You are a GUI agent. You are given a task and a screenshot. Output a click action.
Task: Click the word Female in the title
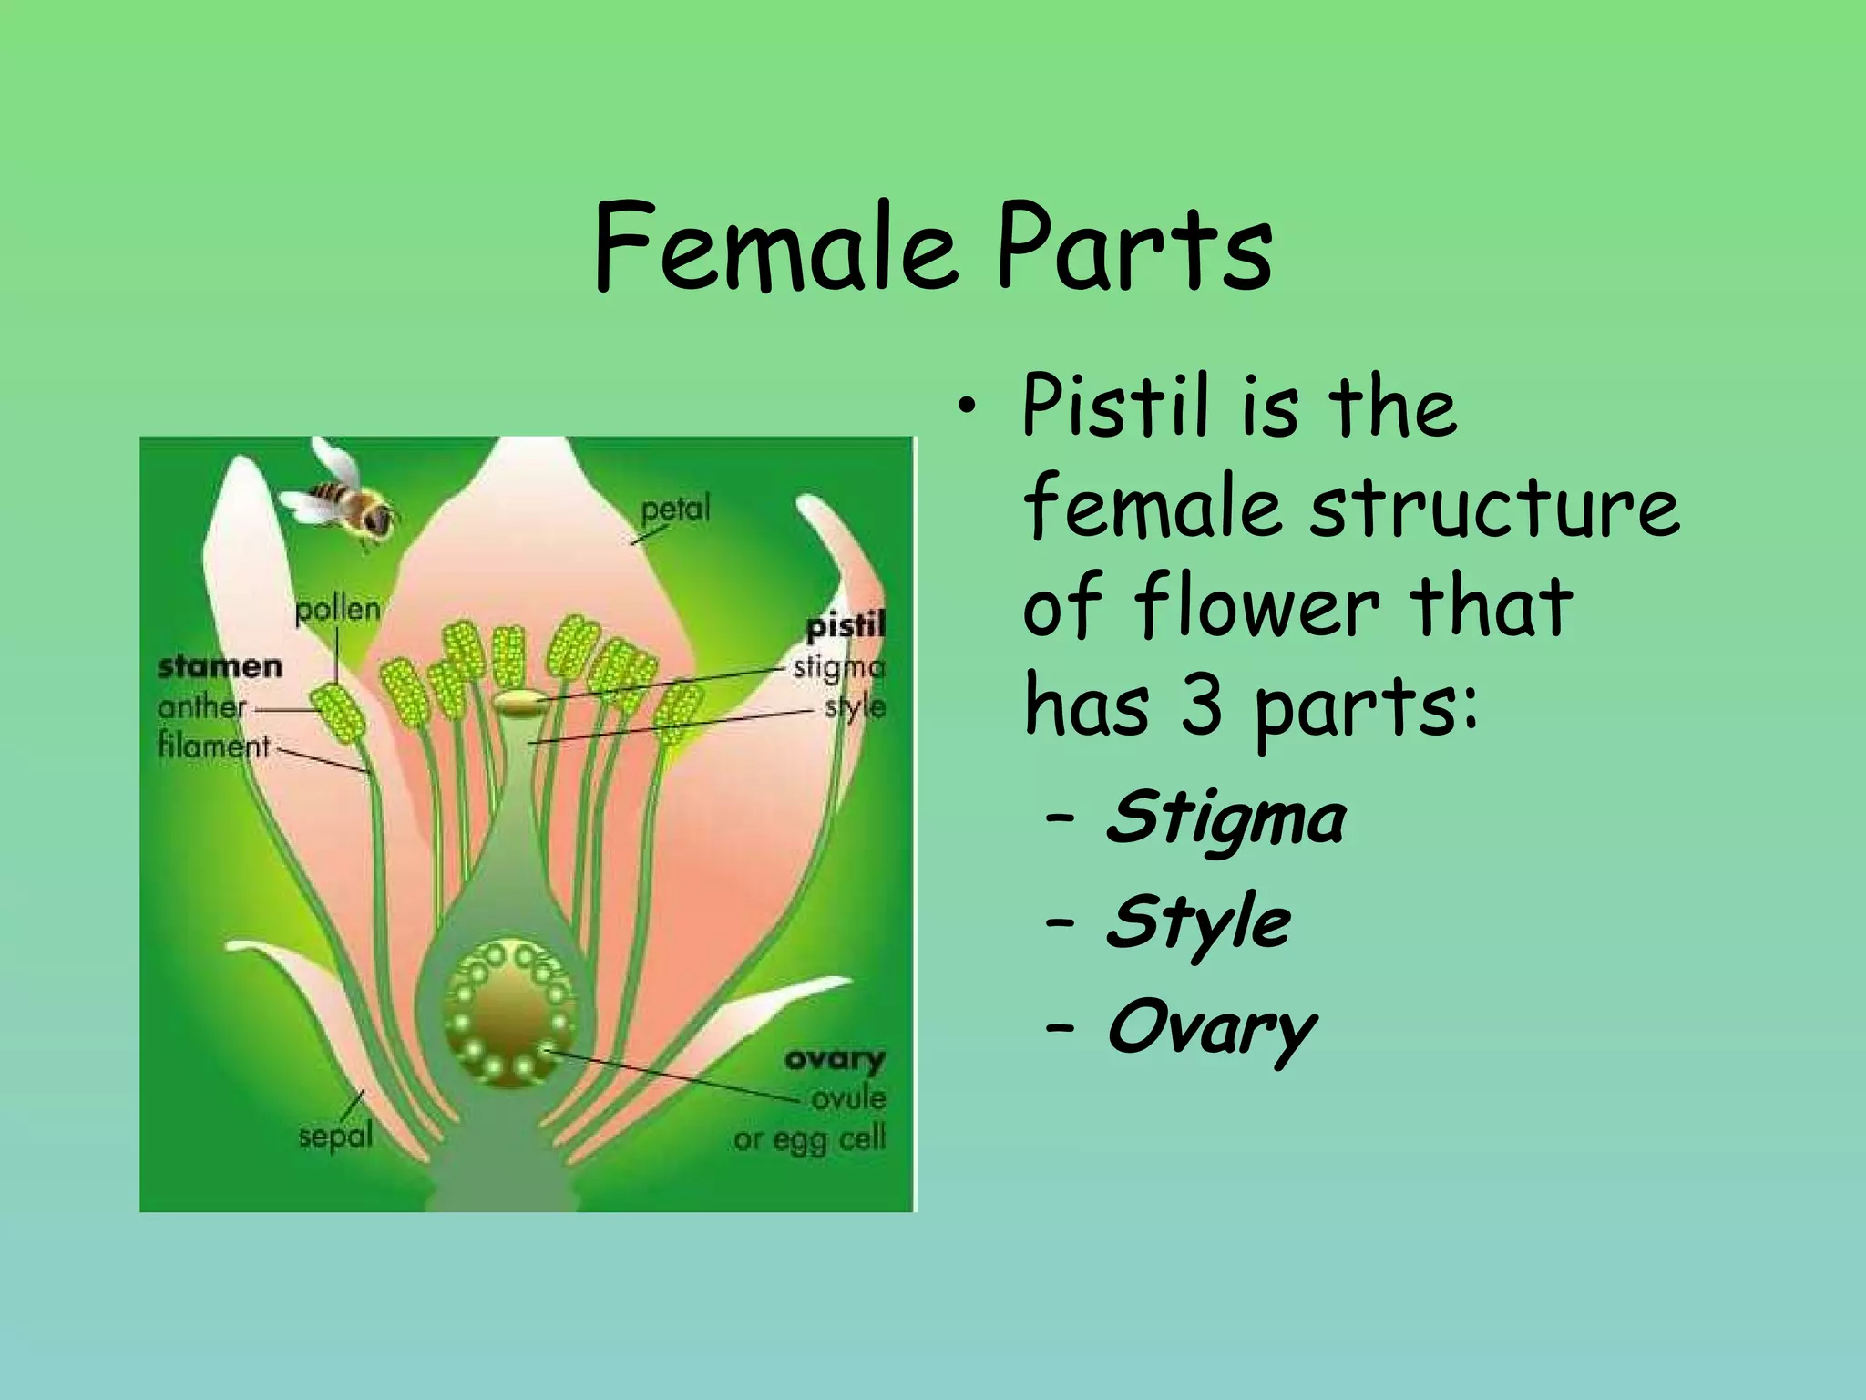click(x=774, y=248)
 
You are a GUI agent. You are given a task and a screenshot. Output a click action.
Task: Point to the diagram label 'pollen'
click(x=337, y=609)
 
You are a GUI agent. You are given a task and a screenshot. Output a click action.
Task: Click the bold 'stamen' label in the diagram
click(x=220, y=667)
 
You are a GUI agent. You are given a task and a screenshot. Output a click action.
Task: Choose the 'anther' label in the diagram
click(x=201, y=707)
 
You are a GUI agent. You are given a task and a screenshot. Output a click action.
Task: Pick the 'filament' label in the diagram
click(x=214, y=746)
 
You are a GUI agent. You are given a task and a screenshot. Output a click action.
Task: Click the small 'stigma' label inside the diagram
click(x=839, y=668)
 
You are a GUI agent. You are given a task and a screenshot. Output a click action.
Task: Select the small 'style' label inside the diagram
click(x=855, y=707)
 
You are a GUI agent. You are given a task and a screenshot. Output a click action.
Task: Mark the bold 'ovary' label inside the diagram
click(x=834, y=1059)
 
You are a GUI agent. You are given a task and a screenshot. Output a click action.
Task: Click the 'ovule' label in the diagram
click(x=848, y=1098)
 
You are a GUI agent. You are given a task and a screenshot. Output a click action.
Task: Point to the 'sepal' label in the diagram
click(x=335, y=1137)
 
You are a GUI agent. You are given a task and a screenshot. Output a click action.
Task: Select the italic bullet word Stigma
click(x=1225, y=818)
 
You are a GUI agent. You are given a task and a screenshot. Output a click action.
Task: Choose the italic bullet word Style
click(x=1197, y=922)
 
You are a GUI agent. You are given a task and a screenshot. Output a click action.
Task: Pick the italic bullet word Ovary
click(x=1211, y=1028)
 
